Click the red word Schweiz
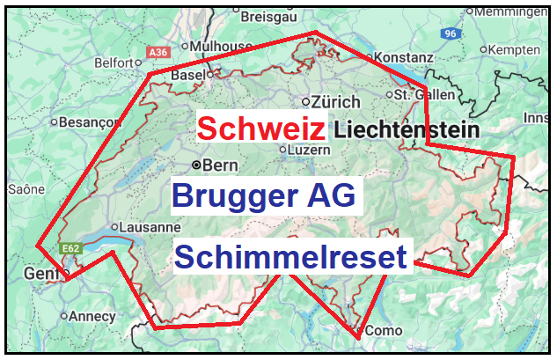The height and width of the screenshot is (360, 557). pos(261,129)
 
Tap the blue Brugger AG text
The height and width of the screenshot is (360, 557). pos(263,195)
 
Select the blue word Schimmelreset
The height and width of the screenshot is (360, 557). pos(290,257)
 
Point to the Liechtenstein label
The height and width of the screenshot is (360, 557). pos(404,130)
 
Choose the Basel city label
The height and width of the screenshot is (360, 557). pos(187,76)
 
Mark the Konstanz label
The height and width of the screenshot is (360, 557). pos(404,57)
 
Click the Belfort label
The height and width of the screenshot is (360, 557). pos(114,63)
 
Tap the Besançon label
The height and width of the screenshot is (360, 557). pos(80,122)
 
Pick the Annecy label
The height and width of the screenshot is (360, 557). pos(92,316)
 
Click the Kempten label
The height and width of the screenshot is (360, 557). pos(518,50)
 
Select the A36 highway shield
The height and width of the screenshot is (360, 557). pos(158,53)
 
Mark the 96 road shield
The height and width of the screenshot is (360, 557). pos(451,33)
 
